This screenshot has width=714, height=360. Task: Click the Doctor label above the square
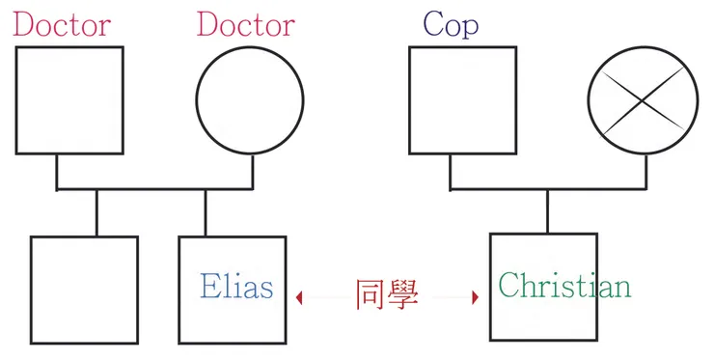[62, 24]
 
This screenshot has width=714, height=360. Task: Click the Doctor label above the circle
[245, 24]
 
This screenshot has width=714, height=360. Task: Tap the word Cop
[451, 24]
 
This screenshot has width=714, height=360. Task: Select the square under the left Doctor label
[69, 99]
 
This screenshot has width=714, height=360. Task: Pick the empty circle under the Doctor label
[250, 99]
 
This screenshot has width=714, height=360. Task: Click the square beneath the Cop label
[462, 99]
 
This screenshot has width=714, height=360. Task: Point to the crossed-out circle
[643, 99]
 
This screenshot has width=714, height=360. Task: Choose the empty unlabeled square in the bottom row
[84, 290]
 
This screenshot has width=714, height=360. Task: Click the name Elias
[236, 286]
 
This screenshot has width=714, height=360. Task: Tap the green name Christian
[564, 286]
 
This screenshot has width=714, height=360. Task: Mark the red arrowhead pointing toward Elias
[300, 297]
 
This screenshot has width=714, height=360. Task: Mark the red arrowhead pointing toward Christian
[475, 297]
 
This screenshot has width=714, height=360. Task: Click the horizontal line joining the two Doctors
[154, 190]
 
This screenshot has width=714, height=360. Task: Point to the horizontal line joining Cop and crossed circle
[548, 190]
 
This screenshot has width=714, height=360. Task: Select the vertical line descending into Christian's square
[548, 211]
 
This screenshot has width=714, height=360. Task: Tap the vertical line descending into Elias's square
[206, 212]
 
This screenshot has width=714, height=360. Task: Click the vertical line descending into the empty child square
[96, 212]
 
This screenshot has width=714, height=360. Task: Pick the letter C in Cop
[433, 24]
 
